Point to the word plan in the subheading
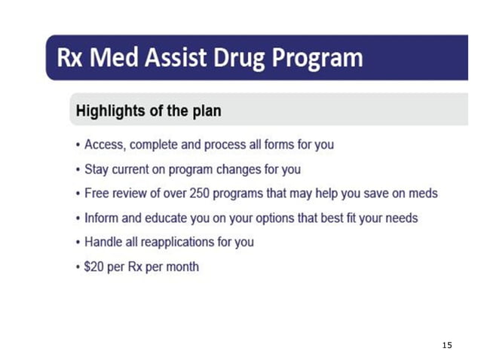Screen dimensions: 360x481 tap(204, 111)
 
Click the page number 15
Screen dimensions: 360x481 tap(447, 345)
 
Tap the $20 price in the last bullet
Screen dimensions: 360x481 tap(95, 267)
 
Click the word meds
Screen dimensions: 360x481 tap(422, 194)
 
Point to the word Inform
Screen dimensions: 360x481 tap(101, 218)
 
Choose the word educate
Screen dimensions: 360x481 tap(166, 218)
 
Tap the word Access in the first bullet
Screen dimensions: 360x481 tap(104, 145)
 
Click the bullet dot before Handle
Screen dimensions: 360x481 tap(78, 243)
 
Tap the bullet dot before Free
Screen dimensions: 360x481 tap(78, 194)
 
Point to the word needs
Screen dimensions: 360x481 tap(401, 218)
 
